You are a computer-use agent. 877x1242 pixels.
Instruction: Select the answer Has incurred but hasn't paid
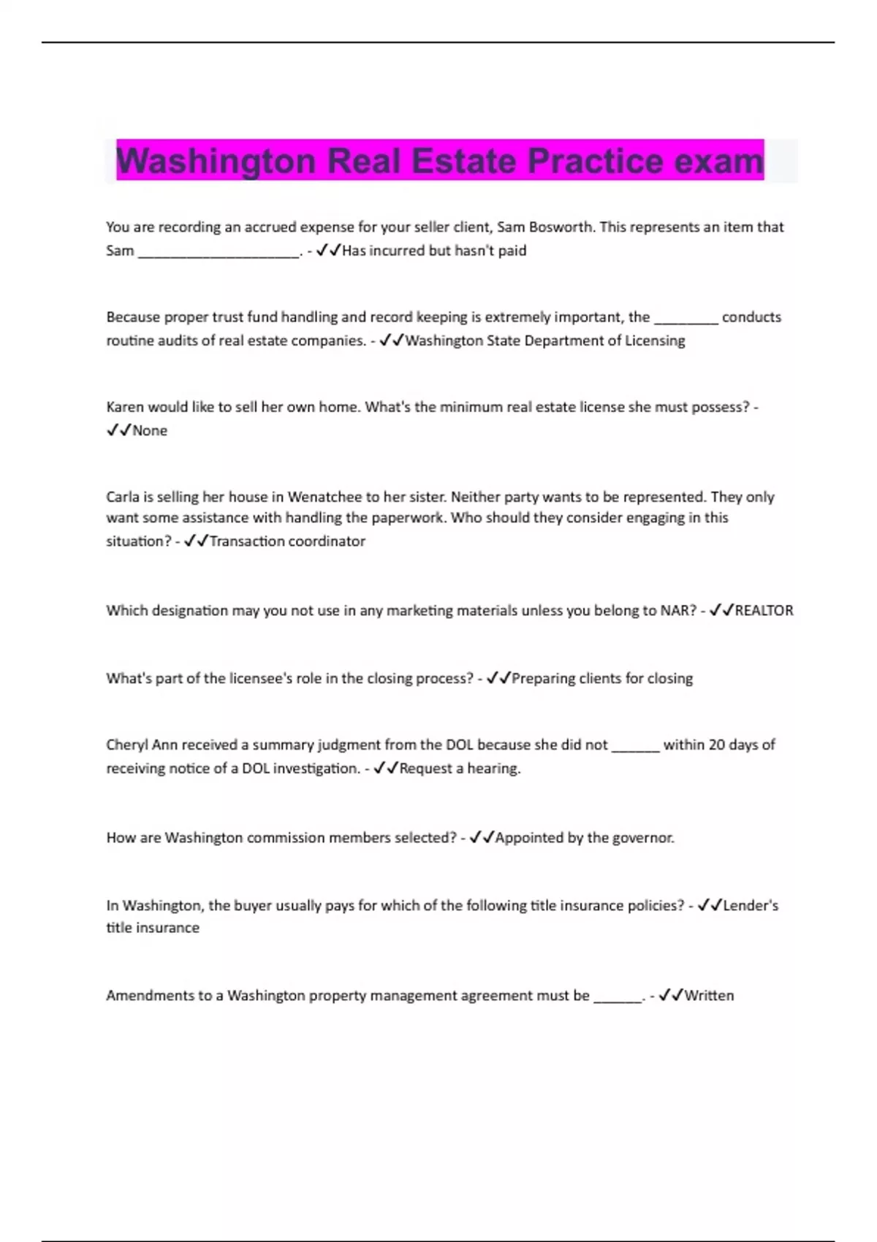(434, 251)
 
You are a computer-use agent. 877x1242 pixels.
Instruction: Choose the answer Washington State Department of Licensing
(545, 340)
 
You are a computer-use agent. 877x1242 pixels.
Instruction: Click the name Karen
(125, 407)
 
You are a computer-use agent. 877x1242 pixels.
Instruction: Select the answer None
(150, 431)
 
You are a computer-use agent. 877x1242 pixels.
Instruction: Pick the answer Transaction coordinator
(287, 541)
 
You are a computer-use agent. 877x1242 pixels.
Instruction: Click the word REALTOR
(764, 611)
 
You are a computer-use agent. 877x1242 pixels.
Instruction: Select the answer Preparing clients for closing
(602, 679)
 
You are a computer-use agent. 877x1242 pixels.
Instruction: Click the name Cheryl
(126, 745)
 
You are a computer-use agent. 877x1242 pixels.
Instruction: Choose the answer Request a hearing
(460, 769)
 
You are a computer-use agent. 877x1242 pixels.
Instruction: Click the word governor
(642, 838)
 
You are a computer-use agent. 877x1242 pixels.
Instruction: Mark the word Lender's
(751, 906)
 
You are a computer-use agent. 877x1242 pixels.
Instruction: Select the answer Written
(709, 996)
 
